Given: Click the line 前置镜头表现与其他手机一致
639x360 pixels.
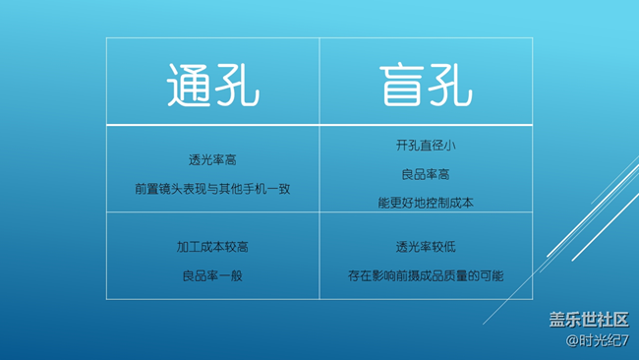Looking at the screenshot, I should (x=212, y=189).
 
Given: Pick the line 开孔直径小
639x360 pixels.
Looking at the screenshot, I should (x=426, y=146).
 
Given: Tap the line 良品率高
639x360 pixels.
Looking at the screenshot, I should (x=426, y=174).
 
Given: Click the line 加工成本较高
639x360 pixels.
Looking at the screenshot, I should (x=212, y=247).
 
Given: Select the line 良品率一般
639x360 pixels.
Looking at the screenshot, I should (x=212, y=275).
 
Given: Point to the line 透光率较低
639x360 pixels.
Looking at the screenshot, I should (x=426, y=247).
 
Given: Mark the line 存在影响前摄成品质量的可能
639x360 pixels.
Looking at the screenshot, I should (x=426, y=275).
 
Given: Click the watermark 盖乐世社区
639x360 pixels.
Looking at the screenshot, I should (x=588, y=320).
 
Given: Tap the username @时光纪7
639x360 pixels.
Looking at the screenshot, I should (x=597, y=340).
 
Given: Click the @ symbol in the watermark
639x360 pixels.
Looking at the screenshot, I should (x=572, y=340).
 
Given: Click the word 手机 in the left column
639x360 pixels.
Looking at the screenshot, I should (x=255, y=189).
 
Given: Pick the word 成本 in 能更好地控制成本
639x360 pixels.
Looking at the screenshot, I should (x=461, y=203).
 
